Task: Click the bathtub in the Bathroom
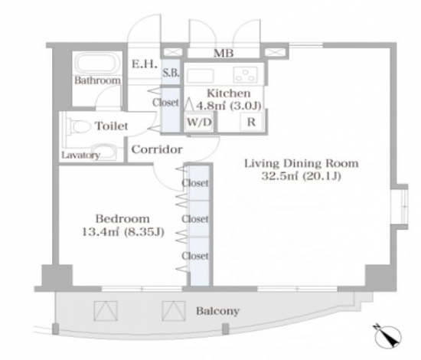click(97, 63)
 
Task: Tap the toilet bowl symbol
click(80, 126)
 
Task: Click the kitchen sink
click(201, 75)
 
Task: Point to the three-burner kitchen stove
click(245, 74)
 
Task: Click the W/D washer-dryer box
click(199, 123)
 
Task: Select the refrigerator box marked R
click(252, 122)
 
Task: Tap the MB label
click(224, 54)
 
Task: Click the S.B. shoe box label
click(171, 73)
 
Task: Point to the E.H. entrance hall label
click(144, 64)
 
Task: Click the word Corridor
click(157, 149)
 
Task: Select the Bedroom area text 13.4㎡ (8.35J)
click(123, 232)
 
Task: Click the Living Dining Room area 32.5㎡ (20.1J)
click(302, 176)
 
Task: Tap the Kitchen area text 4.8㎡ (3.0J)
click(229, 106)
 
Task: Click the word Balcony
click(217, 311)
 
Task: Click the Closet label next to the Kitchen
click(165, 103)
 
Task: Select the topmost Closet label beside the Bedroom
click(195, 183)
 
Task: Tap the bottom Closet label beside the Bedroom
click(195, 256)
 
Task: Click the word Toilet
click(112, 126)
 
